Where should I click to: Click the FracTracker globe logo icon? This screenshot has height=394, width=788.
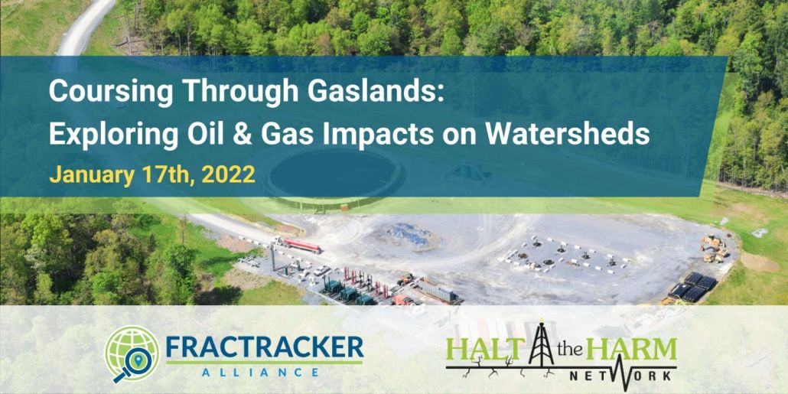(131, 353)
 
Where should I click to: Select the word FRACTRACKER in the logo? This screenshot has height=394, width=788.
(265, 347)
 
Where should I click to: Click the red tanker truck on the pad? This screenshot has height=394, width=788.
(297, 244)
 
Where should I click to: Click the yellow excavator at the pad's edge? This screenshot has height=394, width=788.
(714, 249)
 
